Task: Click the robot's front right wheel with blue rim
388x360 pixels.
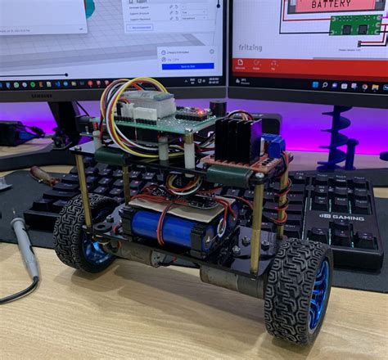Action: click(x=299, y=292)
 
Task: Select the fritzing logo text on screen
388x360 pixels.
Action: click(x=250, y=47)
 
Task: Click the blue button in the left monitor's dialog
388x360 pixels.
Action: click(x=188, y=65)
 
